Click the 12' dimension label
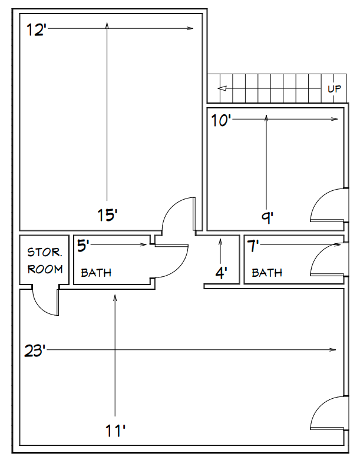36,30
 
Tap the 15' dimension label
107,214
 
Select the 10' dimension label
220,121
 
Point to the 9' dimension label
267,217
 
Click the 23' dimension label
35,351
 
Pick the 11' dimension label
115,431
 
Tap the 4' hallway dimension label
221,273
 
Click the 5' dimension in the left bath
83,246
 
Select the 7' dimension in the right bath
253,246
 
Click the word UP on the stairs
334,88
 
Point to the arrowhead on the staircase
222,88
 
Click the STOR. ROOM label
45,261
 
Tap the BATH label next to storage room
96,273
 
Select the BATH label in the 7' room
267,273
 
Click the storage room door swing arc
38,307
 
